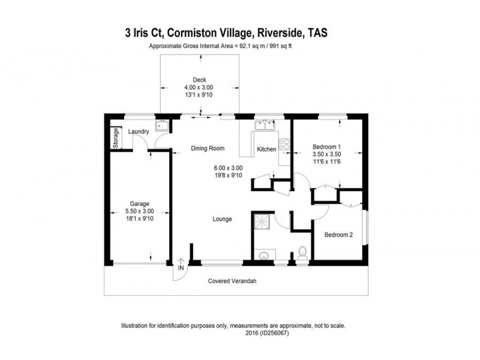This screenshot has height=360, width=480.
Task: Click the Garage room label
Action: (x=140, y=203)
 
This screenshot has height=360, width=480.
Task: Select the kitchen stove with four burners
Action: (x=284, y=145)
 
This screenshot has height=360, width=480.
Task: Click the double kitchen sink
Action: (x=263, y=126)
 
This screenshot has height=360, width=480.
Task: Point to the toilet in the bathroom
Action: (x=302, y=253)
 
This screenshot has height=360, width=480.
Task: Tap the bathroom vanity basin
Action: (x=263, y=256)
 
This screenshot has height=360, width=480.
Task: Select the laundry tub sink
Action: (x=161, y=125)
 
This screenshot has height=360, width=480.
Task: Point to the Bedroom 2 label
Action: (x=338, y=235)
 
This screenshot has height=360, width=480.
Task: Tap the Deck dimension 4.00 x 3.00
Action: (x=199, y=87)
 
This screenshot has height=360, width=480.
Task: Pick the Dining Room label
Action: (x=208, y=148)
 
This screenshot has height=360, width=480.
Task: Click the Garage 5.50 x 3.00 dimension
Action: (x=140, y=211)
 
